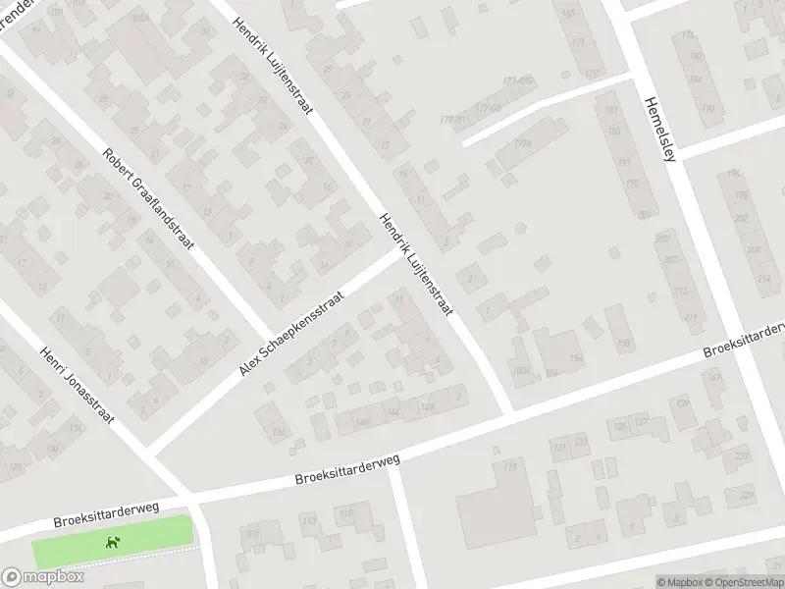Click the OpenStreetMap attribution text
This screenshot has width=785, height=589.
(745, 581)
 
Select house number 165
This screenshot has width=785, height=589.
(569, 12)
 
